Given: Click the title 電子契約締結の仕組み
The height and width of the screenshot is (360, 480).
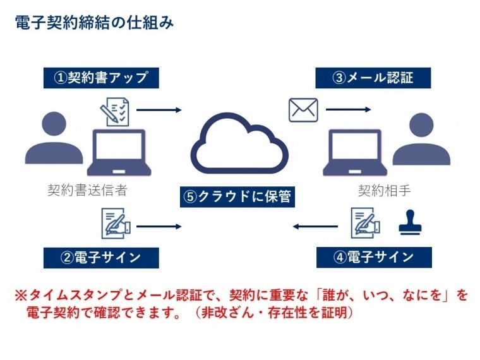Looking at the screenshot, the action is point(94,23).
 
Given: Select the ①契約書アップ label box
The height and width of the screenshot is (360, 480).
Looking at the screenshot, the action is point(101,78).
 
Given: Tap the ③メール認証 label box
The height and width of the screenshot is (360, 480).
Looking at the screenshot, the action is point(373,78).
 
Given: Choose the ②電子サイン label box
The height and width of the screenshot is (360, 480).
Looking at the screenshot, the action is point(101,258).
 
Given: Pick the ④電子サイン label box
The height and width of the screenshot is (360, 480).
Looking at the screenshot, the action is point(374,258).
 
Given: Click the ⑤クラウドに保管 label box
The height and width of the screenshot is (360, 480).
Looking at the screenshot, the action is point(237,197).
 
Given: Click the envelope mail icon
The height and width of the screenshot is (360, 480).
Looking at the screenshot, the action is point(303,110).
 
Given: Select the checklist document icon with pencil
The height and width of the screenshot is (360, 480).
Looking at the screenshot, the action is point(115,112).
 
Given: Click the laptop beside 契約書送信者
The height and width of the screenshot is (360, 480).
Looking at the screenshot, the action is point(119,152).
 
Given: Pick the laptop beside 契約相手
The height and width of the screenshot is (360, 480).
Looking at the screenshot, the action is point(355,152).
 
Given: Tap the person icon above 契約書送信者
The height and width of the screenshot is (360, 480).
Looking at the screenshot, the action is point(54,138).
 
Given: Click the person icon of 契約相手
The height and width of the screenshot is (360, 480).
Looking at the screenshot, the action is point(421,139).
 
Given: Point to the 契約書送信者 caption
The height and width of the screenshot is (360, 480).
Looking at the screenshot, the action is point(88,190).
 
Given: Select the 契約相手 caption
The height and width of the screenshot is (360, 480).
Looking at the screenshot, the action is point(384,190).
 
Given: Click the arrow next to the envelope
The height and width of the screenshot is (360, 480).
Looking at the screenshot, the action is point(349,109).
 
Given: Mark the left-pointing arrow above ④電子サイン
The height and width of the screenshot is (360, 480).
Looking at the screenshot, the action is point(315,227).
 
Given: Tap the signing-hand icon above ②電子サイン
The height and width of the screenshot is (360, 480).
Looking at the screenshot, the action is point(116,224).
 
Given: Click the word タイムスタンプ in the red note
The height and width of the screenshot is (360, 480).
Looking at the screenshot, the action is point(76,295).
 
